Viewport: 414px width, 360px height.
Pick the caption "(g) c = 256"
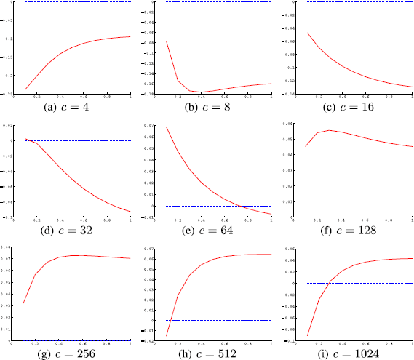pyautogui.click(x=77, y=353)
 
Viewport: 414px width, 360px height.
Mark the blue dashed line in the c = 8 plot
pyautogui.click(x=218, y=2)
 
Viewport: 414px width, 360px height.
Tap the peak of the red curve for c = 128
pyautogui.click(x=330, y=130)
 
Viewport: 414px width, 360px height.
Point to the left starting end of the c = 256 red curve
pyautogui.click(x=25, y=303)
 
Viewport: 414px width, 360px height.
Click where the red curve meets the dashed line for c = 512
pyautogui.click(x=170, y=320)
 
